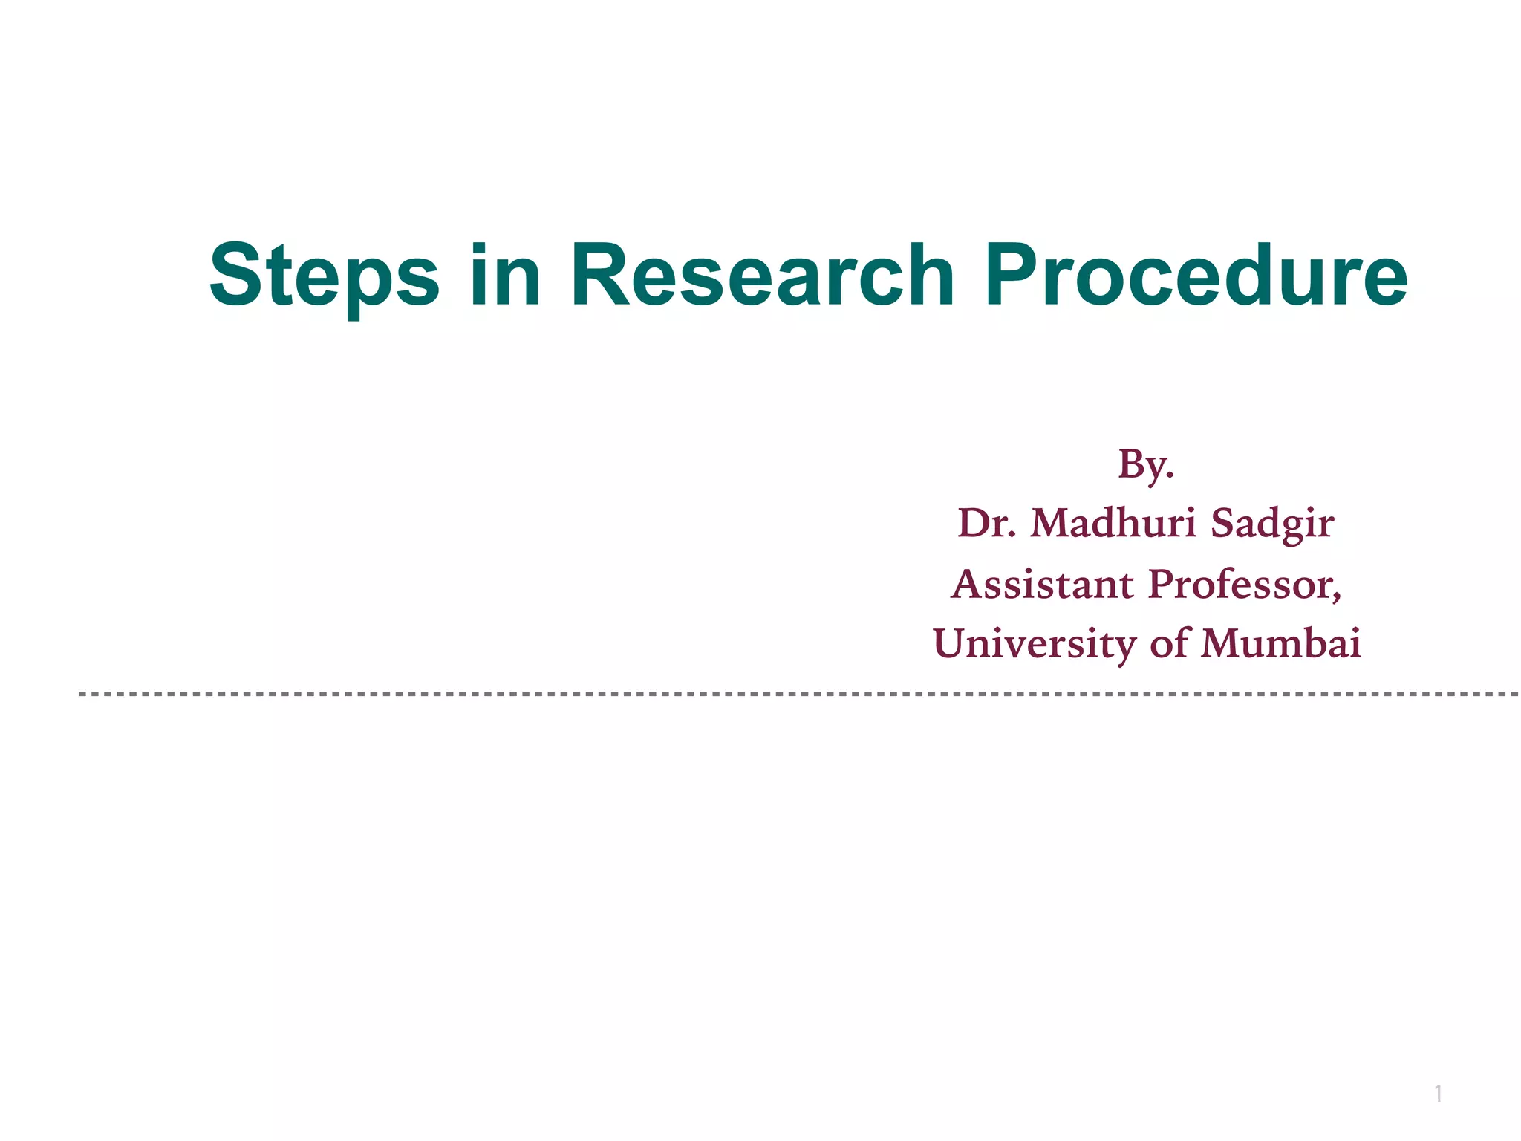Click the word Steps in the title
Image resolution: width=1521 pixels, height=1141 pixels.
[325, 276]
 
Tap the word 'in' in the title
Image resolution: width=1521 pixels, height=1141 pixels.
[505, 276]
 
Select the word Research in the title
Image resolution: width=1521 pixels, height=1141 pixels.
[762, 276]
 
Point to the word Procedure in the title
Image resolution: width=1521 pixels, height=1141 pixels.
[1196, 276]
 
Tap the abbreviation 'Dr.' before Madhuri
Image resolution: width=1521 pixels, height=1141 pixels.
[987, 523]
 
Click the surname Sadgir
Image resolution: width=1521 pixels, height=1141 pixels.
[1272, 524]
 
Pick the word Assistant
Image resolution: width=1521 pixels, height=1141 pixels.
[1043, 584]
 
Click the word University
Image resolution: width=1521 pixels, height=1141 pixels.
[1035, 644]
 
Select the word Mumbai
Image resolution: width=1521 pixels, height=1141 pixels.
[1281, 643]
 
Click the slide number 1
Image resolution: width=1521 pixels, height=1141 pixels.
[1439, 1093]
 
